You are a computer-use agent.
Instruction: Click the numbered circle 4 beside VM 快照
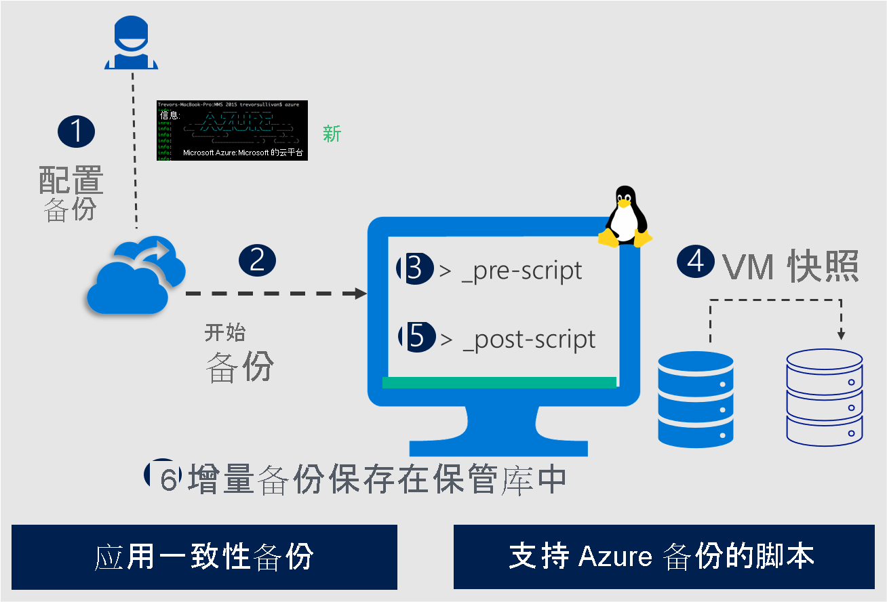tap(696, 261)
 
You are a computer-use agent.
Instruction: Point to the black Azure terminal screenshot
tap(232, 130)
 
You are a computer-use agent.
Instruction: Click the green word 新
tap(332, 134)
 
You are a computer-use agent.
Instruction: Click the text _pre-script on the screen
tap(521, 270)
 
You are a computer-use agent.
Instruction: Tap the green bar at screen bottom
tap(499, 383)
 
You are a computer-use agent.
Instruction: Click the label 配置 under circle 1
tap(71, 180)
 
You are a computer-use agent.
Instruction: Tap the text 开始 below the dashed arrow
tap(225, 332)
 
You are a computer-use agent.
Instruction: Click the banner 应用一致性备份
tap(204, 557)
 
